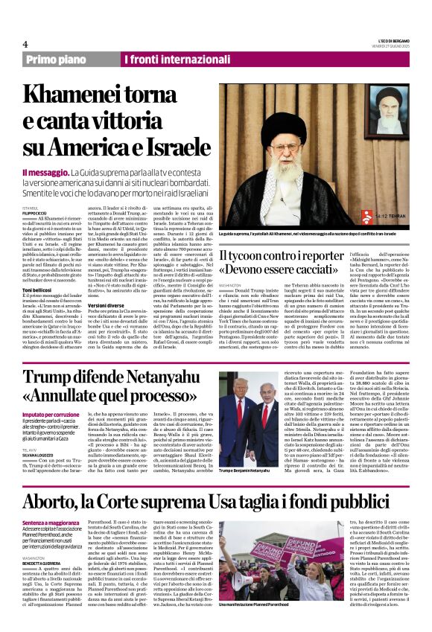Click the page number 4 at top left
[25, 44]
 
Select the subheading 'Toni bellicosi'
[39, 289]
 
